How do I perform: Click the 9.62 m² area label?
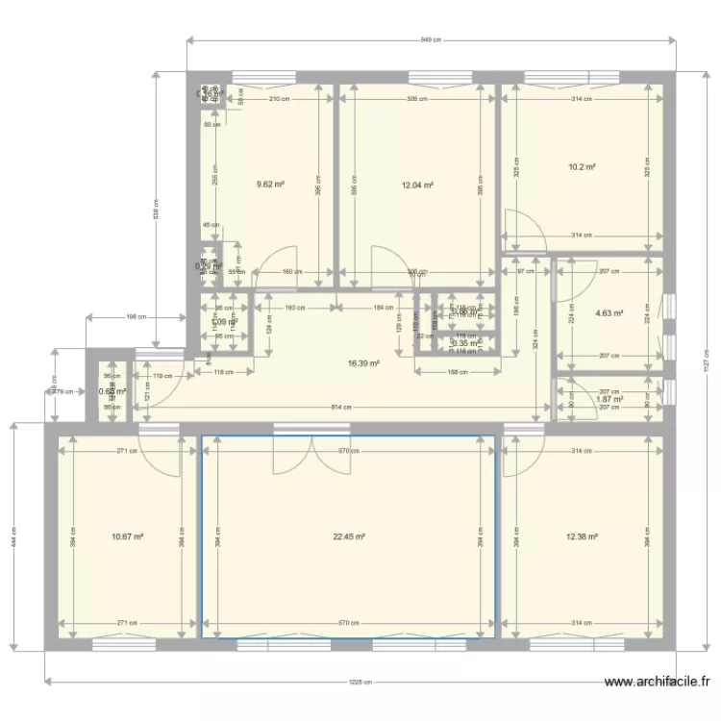pos(269,185)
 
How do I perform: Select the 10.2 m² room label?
pos(582,166)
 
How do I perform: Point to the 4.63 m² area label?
pos(609,312)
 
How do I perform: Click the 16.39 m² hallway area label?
pos(363,363)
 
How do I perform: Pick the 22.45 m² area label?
pos(349,537)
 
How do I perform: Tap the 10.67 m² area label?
pos(128,537)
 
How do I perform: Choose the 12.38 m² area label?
pos(583,537)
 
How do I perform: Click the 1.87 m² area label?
pos(609,399)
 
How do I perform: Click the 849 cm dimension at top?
pos(431,40)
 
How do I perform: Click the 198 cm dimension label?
pos(137,316)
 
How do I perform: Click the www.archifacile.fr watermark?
pos(657,683)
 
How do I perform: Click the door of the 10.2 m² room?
pos(527,231)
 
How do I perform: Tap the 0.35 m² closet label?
pos(465,343)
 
